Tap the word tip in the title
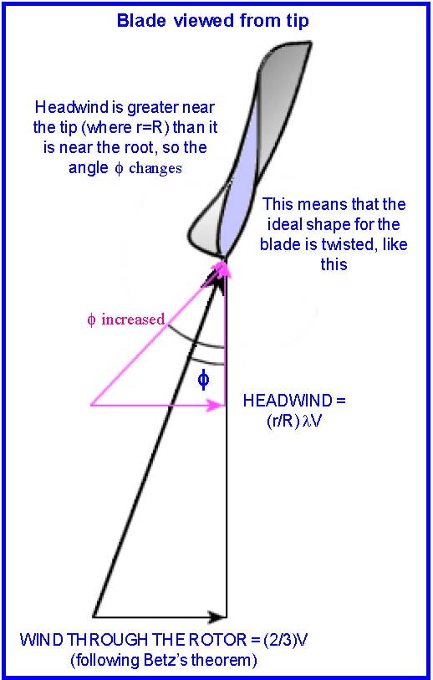[298, 21]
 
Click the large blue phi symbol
[203, 380]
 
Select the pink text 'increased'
[133, 320]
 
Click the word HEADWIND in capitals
[288, 401]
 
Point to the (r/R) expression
[283, 421]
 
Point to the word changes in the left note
[155, 167]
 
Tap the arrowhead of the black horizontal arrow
[217, 616]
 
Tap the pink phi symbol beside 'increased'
[91, 320]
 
